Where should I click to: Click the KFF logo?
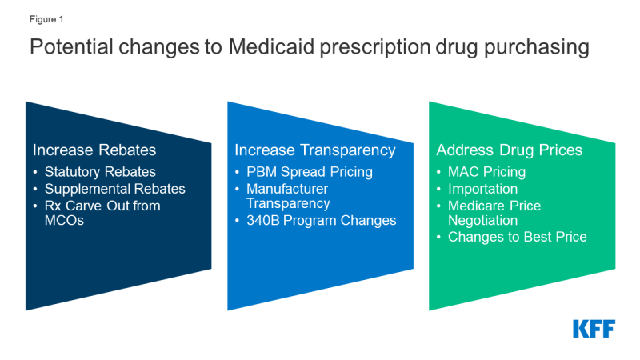click(594, 329)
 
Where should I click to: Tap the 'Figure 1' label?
click(46, 19)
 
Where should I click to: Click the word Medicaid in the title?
click(271, 46)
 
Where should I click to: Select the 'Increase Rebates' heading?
click(94, 150)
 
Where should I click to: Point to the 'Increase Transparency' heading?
click(315, 150)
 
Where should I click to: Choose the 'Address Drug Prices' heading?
click(510, 150)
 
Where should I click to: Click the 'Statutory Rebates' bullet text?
click(100, 172)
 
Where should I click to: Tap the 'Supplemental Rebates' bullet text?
click(114, 189)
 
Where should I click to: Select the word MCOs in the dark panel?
click(64, 221)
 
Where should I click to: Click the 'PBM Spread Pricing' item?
click(310, 172)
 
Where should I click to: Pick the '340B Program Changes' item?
click(322, 221)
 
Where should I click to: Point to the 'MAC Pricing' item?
click(486, 172)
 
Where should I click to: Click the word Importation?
click(483, 189)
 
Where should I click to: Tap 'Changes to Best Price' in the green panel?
click(517, 237)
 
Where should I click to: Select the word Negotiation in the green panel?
click(483, 221)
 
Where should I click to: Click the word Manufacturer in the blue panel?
click(287, 189)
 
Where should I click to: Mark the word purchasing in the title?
click(537, 47)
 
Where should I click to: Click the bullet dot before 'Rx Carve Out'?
click(35, 206)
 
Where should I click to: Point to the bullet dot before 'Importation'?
click(438, 190)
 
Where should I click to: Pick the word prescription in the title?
click(375, 47)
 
